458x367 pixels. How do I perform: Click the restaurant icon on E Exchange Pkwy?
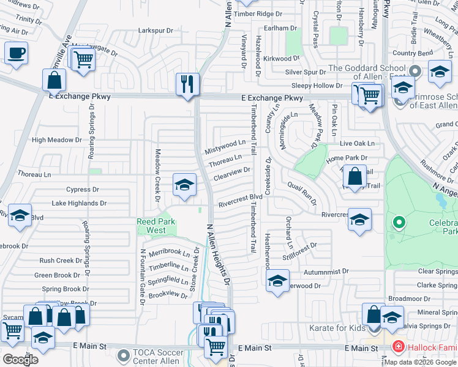[x=188, y=83]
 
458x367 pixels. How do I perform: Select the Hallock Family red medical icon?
[x=398, y=347]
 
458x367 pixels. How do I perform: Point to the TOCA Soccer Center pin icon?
[x=124, y=354]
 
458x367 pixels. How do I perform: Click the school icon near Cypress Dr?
[x=184, y=185]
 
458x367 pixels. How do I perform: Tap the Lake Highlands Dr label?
[x=79, y=203]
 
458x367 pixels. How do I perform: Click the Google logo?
[x=20, y=359]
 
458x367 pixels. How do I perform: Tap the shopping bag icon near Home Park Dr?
[x=355, y=176]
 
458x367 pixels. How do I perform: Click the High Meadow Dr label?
[x=56, y=140]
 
